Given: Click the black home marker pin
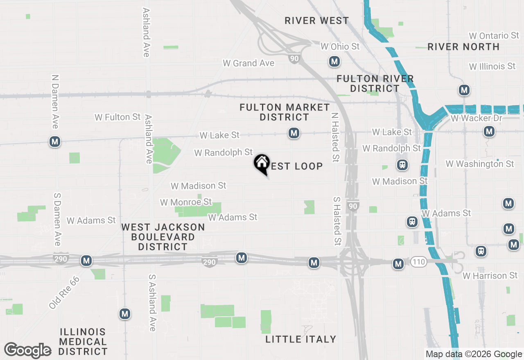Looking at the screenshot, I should coord(262,164).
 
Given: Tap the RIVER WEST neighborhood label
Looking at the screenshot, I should coord(317,20).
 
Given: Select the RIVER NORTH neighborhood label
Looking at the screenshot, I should coord(463,47).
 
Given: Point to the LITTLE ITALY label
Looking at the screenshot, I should coord(301,339).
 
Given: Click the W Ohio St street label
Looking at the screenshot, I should coord(340,47).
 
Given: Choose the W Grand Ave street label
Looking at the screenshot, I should coord(248,63).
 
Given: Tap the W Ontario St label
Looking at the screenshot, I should coord(494,36).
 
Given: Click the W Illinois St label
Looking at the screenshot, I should coord(492,66).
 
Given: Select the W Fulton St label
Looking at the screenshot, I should coord(118,117).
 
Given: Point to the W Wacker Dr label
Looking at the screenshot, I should coord(476,118).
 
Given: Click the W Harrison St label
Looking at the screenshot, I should coord(490,276).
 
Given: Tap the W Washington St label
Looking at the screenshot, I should coord(480,164).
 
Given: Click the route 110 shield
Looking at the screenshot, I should coord(419,262).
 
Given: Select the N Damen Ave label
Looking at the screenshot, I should coord(55,101).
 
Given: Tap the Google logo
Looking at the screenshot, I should coord(28,351).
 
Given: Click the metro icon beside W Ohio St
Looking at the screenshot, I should coord(334,62).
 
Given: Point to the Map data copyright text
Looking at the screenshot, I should coord(474,354).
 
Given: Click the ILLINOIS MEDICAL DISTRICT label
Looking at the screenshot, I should coord(83,342).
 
